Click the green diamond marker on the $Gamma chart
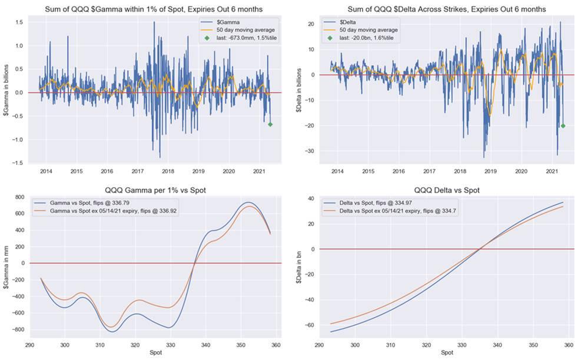tap(270, 124)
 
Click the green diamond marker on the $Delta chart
tap(563, 125)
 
